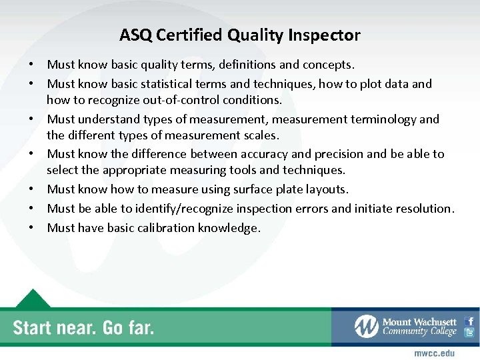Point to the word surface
pos(239,189)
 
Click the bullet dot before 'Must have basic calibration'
pos(31,228)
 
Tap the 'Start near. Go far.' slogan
pos(83,327)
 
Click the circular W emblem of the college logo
pos(366,326)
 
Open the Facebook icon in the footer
pos(470,321)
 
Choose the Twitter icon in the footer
pos(470,333)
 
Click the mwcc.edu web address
pos(434,352)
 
